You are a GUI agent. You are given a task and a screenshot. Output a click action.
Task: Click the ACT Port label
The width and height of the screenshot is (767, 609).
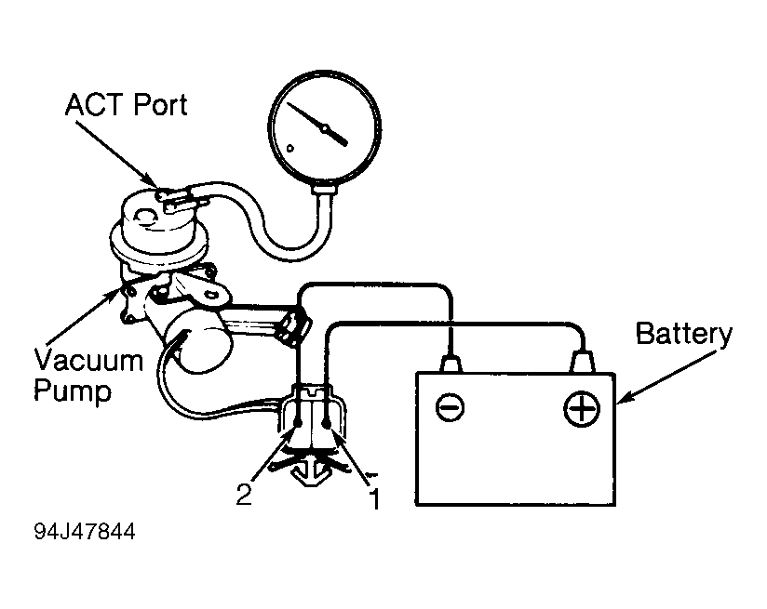click(127, 105)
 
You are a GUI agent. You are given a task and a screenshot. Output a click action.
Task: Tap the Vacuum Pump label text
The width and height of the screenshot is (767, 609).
click(88, 376)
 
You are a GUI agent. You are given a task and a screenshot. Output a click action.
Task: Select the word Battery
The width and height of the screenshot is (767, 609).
click(684, 336)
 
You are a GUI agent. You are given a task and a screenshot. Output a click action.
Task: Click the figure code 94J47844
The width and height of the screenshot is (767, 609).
click(85, 531)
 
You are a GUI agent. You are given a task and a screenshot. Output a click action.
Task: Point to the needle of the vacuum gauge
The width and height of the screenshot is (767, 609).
click(317, 125)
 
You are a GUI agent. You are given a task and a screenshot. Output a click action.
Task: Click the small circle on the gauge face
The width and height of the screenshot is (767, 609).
click(290, 148)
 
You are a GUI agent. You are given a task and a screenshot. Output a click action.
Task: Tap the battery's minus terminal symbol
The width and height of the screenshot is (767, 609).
click(450, 406)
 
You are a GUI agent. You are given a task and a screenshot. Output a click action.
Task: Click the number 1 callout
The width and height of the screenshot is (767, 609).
click(375, 499)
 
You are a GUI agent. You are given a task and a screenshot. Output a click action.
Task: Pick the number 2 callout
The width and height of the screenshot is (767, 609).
click(244, 494)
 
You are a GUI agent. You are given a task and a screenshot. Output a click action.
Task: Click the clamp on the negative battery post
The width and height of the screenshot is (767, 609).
click(451, 364)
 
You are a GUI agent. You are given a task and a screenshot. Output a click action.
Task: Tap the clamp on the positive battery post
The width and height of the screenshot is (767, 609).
click(583, 363)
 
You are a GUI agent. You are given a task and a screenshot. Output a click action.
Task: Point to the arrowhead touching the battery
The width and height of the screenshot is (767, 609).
click(624, 398)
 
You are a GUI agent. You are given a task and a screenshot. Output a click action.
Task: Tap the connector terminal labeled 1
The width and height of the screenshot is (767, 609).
click(327, 421)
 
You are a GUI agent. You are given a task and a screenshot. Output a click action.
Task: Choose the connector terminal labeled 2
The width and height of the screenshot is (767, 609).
click(297, 421)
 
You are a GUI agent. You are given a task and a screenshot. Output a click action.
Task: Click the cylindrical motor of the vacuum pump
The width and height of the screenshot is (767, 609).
click(199, 339)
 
